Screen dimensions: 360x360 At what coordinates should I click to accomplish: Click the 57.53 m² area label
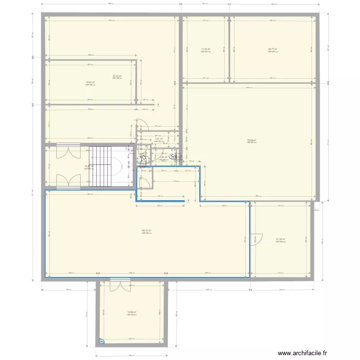pos(117,76)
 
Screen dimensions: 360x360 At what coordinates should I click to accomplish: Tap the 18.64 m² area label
pos(90,82)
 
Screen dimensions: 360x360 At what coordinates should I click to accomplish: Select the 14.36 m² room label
pos(206,49)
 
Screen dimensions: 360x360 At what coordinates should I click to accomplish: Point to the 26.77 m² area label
pos(273,49)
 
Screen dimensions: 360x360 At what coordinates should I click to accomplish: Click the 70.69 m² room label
pos(251,140)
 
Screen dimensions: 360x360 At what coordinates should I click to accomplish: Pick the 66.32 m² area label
pos(146,230)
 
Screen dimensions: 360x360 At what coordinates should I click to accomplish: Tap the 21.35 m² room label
pos(280,240)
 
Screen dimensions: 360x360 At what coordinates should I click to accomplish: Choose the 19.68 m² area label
pos(132,312)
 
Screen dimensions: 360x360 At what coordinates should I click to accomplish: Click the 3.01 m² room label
pos(159,139)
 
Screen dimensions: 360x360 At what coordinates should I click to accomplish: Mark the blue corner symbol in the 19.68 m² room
pos(102,341)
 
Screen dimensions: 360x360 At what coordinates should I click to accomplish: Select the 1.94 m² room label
pos(164,157)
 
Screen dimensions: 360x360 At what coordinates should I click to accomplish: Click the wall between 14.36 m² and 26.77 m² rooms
pos(229,48)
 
